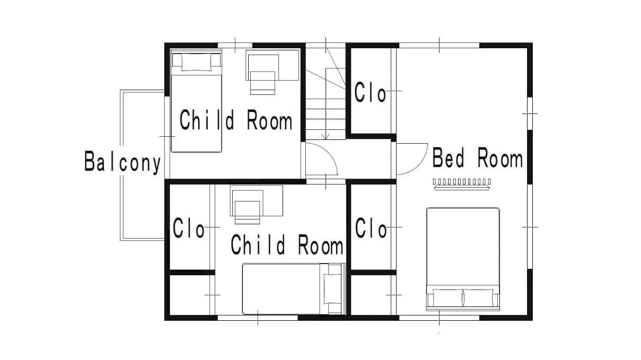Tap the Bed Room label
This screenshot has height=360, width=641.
[x=477, y=157]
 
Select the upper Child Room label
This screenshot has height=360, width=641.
[x=236, y=120]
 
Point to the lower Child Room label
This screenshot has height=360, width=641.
[x=287, y=244]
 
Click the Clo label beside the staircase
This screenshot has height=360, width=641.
[x=370, y=92]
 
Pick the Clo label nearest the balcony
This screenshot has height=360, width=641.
[x=189, y=228]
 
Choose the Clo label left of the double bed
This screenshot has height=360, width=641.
[x=371, y=228]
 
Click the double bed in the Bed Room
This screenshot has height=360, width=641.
[x=463, y=259]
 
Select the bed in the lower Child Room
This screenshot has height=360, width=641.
[x=294, y=289]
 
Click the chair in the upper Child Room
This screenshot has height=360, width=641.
[x=262, y=83]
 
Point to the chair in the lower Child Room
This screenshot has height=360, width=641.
[x=247, y=212]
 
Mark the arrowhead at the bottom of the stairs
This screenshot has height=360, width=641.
[x=326, y=137]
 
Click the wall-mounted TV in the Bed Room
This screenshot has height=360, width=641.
[x=462, y=185]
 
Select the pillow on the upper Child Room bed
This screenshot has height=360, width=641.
[x=196, y=63]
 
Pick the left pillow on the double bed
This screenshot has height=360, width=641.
[x=448, y=297]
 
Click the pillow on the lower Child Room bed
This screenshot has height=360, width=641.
[x=332, y=289]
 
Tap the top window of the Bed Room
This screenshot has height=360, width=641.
[x=439, y=45]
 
